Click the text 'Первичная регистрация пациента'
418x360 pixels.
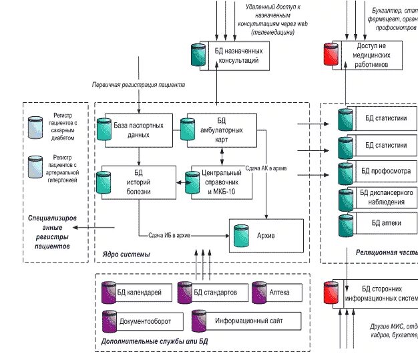[138, 85]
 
